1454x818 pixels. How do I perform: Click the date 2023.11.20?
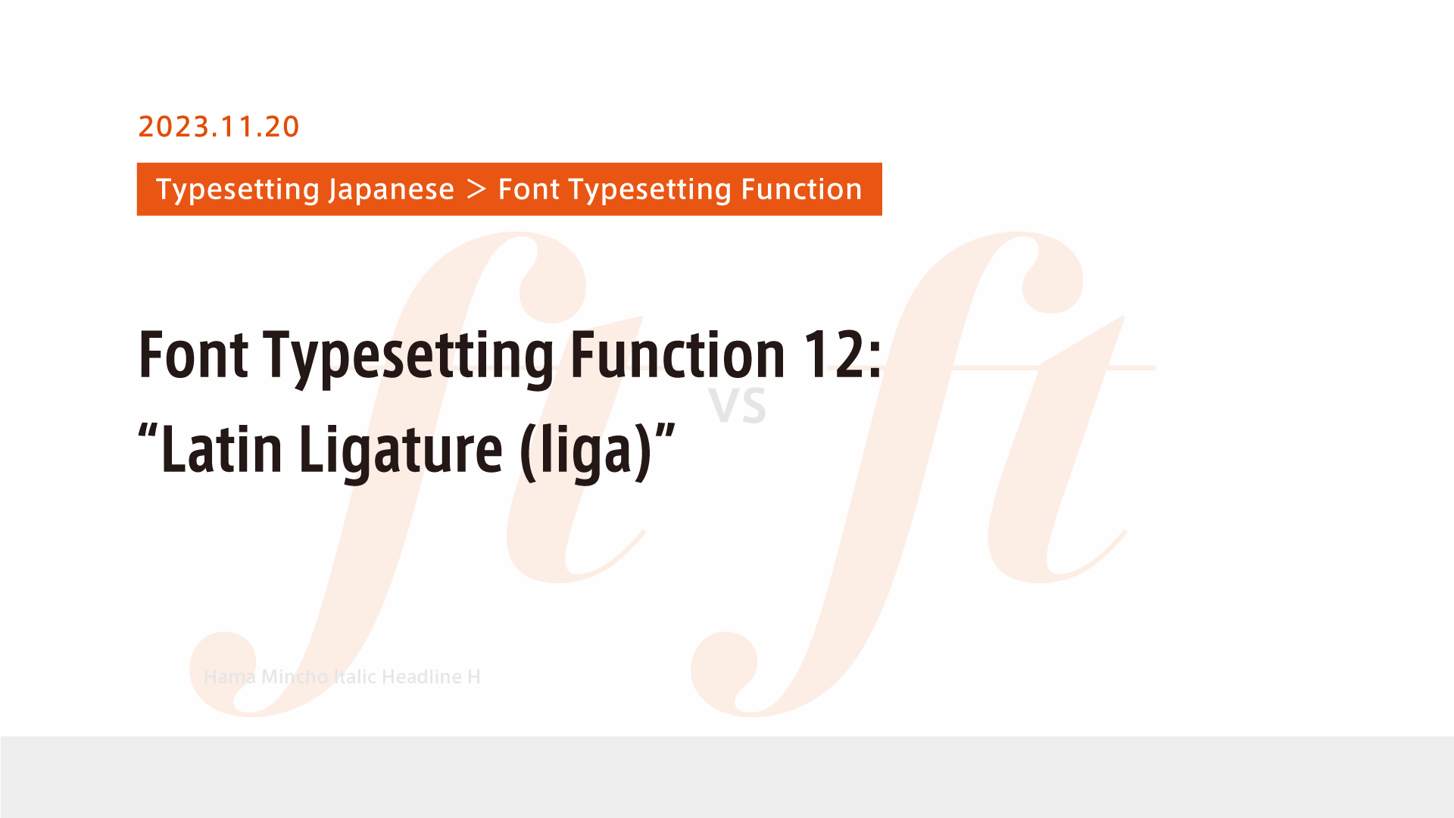(219, 126)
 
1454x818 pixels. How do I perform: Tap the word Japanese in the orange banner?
(391, 189)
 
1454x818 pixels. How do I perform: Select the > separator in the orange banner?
(476, 189)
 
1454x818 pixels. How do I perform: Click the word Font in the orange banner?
(529, 189)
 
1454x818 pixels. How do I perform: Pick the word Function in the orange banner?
(801, 189)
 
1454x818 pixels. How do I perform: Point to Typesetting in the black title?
(409, 356)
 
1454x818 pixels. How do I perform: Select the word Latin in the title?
(222, 450)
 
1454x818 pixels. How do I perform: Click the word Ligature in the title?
(401, 451)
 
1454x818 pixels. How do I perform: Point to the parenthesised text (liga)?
(585, 451)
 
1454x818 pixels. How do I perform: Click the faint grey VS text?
(738, 406)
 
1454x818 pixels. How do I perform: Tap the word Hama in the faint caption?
(229, 676)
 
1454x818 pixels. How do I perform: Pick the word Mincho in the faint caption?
(294, 676)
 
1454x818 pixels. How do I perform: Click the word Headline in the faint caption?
(422, 676)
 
